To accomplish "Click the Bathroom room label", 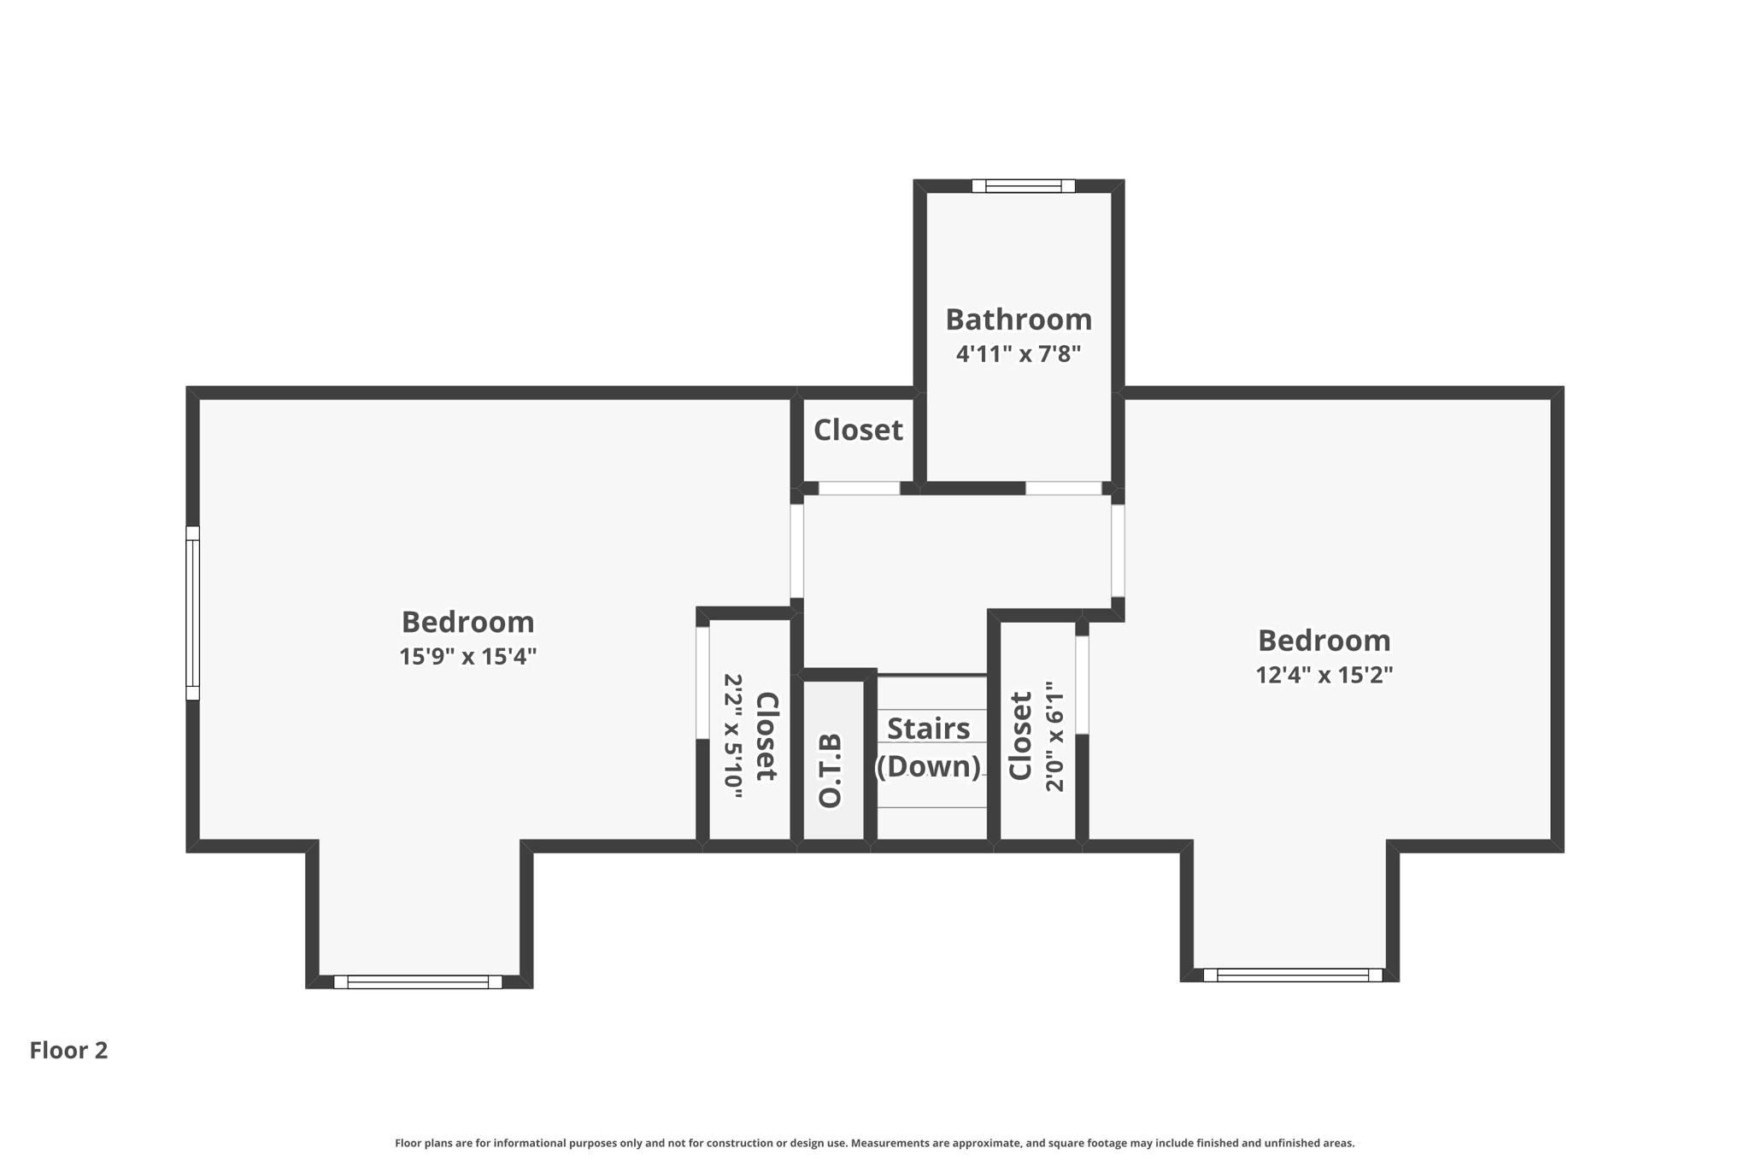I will pyautogui.click(x=1018, y=319).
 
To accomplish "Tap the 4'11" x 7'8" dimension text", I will pyautogui.click(x=1018, y=354).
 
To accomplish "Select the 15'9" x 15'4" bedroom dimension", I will pyautogui.click(x=467, y=656).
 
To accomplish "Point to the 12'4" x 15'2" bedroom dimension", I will pyautogui.click(x=1324, y=675).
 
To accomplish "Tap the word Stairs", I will pyautogui.click(x=928, y=729).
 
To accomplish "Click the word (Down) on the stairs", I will pyautogui.click(x=928, y=766).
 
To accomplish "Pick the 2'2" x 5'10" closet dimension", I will pyautogui.click(x=733, y=735).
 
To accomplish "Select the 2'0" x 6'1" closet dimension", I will pyautogui.click(x=1055, y=735).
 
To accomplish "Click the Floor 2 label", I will pyautogui.click(x=68, y=1050).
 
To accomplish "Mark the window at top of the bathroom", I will pyautogui.click(x=1023, y=185).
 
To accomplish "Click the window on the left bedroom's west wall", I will pyautogui.click(x=193, y=613).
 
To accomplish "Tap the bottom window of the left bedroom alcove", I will pyautogui.click(x=417, y=981).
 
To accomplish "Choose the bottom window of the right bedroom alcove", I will pyautogui.click(x=1292, y=975).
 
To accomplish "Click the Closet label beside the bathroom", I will pyautogui.click(x=857, y=430).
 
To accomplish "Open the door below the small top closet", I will pyautogui.click(x=859, y=489).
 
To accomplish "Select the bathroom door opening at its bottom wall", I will pyautogui.click(x=1063, y=489).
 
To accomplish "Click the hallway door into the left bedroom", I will pyautogui.click(x=796, y=551).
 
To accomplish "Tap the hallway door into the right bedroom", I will pyautogui.click(x=1117, y=551).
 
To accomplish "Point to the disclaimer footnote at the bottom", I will pyautogui.click(x=874, y=1143).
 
